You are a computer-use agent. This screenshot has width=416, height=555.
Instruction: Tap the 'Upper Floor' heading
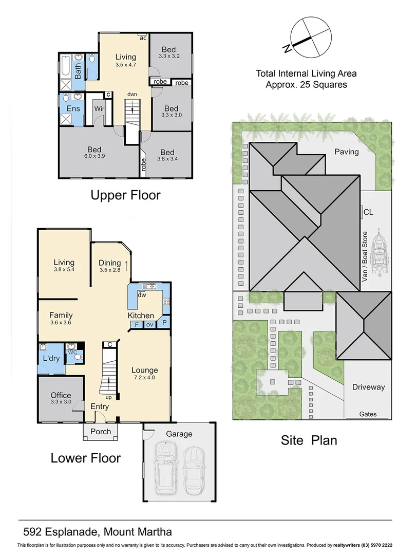tap(125, 195)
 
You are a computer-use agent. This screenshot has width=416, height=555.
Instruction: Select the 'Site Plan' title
tap(309, 440)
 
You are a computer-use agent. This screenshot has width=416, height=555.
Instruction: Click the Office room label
tap(61, 395)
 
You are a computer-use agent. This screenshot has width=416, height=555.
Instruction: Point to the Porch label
tap(101, 431)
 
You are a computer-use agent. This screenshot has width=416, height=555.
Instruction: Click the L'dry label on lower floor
tap(50, 357)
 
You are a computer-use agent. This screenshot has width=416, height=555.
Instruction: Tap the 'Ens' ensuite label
tap(73, 108)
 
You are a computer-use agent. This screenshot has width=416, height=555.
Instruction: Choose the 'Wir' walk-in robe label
tap(99, 109)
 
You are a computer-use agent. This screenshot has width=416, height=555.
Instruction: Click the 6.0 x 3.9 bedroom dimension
tap(94, 156)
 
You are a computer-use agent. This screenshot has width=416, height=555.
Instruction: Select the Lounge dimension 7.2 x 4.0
tap(144, 377)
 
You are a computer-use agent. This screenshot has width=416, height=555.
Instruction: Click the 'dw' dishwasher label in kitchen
tap(142, 294)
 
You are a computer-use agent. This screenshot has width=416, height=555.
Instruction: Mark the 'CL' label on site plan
tap(368, 211)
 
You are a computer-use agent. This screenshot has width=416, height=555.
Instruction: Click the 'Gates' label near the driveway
tap(368, 414)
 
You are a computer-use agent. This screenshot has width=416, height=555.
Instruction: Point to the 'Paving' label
tap(346, 152)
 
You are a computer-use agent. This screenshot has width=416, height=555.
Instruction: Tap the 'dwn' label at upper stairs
tap(133, 94)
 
